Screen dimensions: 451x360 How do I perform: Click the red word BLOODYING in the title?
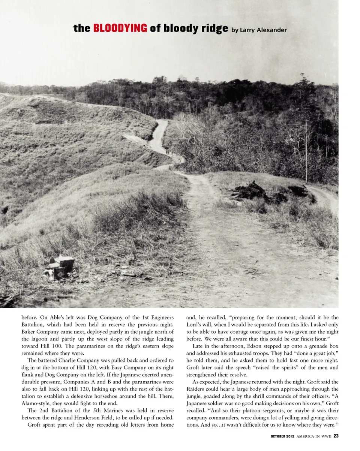120,28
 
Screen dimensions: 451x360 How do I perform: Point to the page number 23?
336,436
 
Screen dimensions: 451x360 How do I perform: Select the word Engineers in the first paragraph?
160,318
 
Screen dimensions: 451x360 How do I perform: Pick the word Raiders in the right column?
196,389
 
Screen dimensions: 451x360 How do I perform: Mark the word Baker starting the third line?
29,332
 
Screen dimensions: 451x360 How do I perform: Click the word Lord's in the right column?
195,325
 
